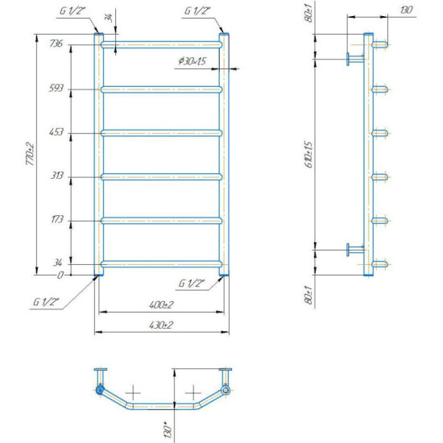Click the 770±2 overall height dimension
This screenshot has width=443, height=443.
coord(30,155)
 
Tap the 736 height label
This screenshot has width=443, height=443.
coord(56,43)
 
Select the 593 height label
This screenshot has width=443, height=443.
coord(56,88)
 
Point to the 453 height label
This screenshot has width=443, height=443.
coord(56,132)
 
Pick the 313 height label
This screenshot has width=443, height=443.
coord(57,176)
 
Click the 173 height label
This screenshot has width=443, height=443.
coord(57,219)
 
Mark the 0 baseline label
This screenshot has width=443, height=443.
coord(60,275)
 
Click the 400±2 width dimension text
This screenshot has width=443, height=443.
coord(161,304)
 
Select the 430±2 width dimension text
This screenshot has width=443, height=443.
coord(161,325)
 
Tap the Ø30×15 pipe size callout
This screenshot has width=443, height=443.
coord(193,61)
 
